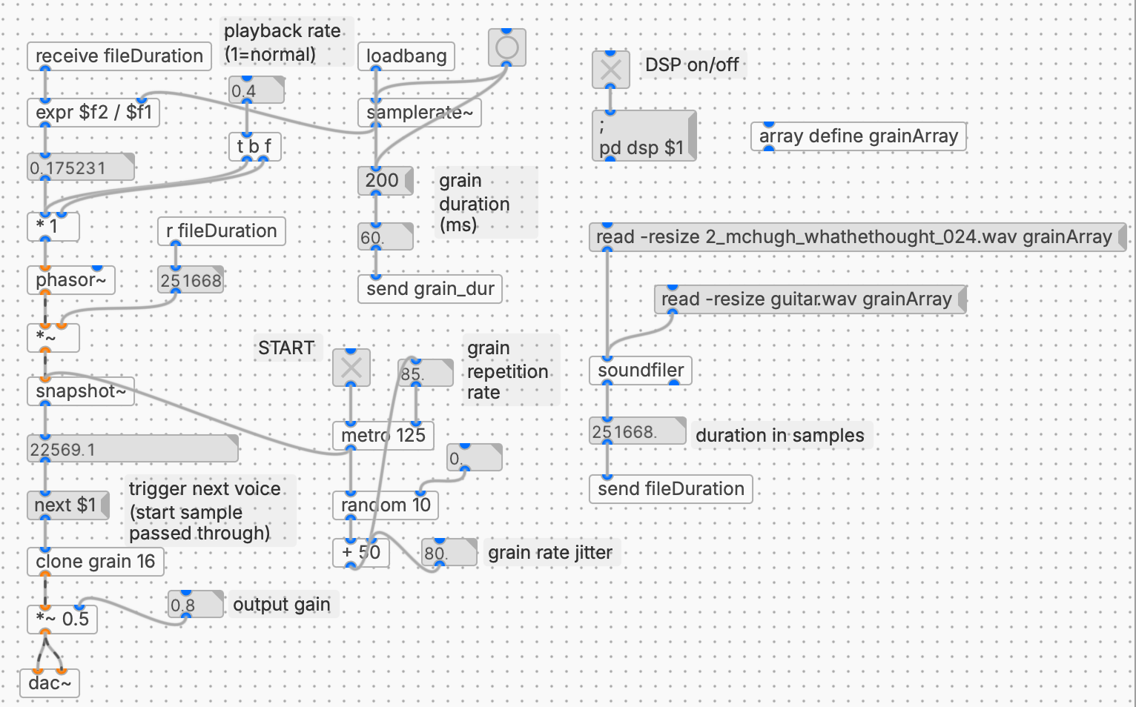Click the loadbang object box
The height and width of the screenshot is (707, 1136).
click(x=406, y=56)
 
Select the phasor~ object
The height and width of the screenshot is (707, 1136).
click(x=70, y=280)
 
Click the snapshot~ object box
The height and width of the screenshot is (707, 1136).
click(x=80, y=391)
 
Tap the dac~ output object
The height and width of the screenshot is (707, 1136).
click(x=49, y=683)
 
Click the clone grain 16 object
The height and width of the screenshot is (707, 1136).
click(x=95, y=562)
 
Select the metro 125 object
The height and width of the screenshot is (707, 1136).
click(x=383, y=435)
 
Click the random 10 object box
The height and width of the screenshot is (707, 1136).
click(x=385, y=505)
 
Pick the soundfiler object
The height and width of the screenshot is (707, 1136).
click(x=640, y=371)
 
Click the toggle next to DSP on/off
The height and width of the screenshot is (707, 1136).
click(x=610, y=70)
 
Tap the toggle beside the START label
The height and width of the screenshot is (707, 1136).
click(x=351, y=368)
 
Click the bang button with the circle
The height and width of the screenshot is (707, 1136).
click(x=506, y=48)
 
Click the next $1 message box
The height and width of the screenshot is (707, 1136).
click(x=67, y=505)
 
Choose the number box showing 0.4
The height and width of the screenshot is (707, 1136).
click(x=255, y=91)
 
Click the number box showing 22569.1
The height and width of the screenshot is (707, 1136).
click(x=132, y=449)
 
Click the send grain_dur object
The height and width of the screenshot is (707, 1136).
click(x=429, y=289)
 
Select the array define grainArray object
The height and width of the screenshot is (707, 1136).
click(x=858, y=136)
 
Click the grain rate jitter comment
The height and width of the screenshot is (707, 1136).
click(x=549, y=553)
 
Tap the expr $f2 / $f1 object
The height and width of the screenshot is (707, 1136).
click(x=93, y=113)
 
